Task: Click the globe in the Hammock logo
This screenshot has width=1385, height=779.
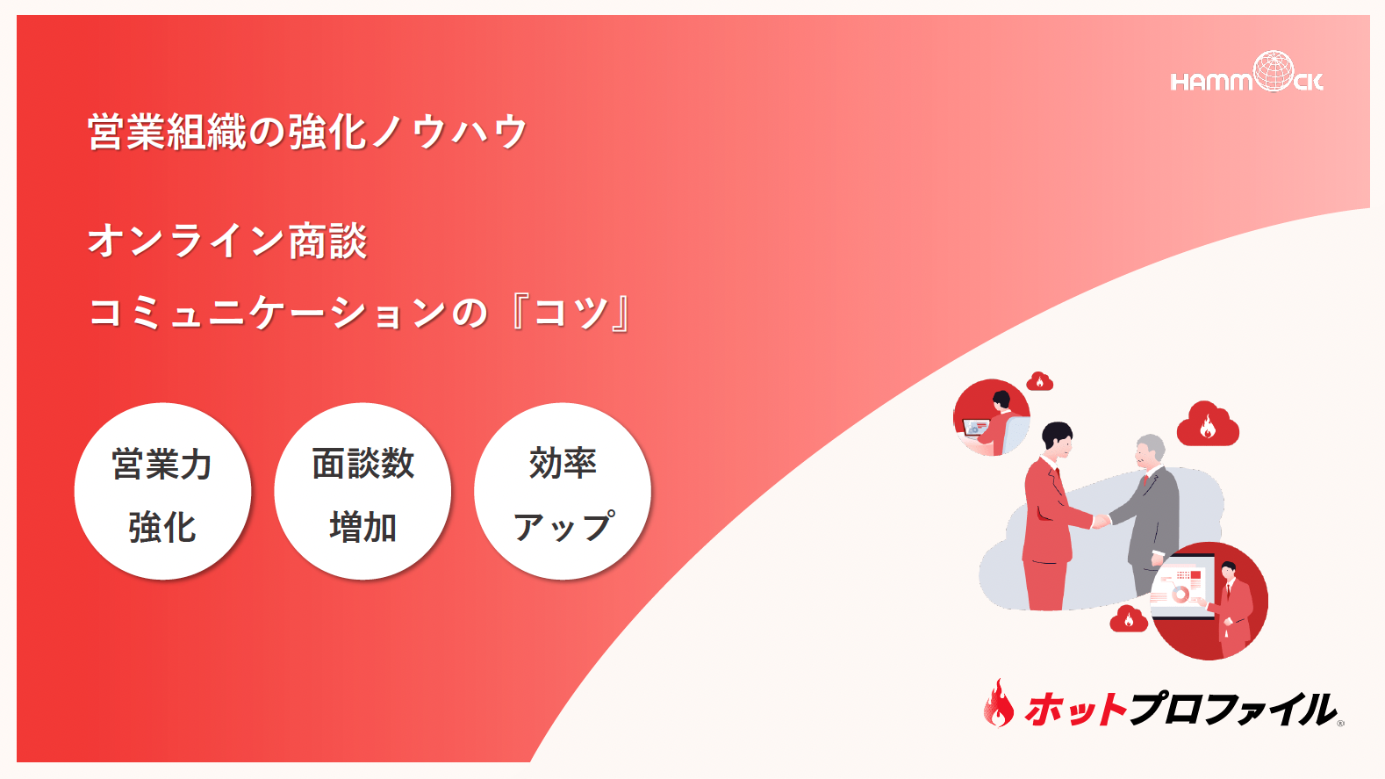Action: [x=1273, y=70]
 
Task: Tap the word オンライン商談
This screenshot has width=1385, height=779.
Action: [x=227, y=241]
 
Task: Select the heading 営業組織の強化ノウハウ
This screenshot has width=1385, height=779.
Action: [x=307, y=132]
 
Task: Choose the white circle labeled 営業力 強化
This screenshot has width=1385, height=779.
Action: [x=162, y=491]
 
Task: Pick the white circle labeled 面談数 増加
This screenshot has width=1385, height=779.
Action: [x=363, y=491]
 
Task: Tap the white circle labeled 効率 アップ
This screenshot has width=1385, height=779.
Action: [x=563, y=491]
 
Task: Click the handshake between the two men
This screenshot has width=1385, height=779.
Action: [x=1101, y=521]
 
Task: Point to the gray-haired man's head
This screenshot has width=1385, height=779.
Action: [x=1150, y=451]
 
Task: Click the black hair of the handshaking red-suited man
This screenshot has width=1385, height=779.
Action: [x=1057, y=432]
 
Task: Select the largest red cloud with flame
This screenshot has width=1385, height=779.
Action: [x=1208, y=424]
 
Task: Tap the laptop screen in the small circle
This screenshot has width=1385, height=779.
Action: [x=975, y=427]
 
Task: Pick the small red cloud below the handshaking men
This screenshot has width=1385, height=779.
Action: [x=1129, y=619]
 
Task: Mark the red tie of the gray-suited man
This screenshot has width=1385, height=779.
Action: [x=1145, y=480]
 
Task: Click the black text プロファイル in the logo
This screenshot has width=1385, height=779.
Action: [x=1231, y=709]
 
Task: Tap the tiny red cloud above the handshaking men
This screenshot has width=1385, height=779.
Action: [x=1039, y=381]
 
